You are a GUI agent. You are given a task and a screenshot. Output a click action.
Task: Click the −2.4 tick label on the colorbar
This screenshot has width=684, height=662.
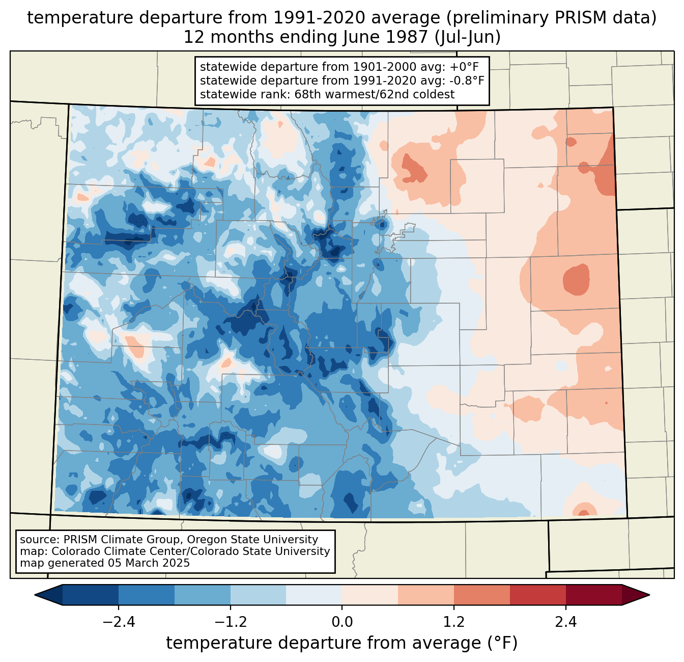tap(118, 622)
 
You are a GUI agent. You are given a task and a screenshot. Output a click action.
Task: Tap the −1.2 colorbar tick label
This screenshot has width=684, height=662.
tap(230, 622)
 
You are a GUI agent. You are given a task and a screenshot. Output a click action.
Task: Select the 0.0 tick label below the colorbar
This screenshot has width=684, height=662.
tap(342, 622)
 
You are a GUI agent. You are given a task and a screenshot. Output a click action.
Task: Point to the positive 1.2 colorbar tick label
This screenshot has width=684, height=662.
tap(454, 622)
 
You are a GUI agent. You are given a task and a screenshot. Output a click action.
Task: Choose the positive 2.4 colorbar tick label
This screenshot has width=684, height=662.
tap(566, 622)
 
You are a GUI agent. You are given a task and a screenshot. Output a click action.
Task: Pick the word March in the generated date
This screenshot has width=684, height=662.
tap(143, 563)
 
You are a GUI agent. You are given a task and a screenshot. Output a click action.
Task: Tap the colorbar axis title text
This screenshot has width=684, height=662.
tap(342, 643)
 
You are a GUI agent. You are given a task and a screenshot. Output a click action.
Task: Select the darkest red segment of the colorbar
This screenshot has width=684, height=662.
tap(593, 595)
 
